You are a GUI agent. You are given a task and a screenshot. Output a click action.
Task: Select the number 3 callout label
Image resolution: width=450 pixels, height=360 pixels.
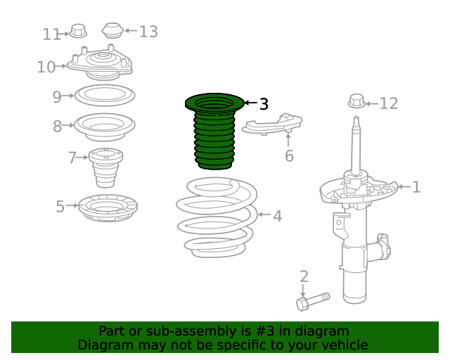[264, 104]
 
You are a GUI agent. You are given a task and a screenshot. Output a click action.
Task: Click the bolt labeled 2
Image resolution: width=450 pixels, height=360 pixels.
[313, 302]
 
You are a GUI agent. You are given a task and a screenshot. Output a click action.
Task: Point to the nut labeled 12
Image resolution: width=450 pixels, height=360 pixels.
[356, 101]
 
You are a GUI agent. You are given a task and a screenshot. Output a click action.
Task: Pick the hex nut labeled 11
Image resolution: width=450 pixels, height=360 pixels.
[78, 31]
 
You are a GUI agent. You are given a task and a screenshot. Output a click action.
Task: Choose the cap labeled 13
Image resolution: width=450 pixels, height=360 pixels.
[112, 30]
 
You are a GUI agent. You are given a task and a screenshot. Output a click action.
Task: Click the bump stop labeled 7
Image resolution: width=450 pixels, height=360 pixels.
[105, 167]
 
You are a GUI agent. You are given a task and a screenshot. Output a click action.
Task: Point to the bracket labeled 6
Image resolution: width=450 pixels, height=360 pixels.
[272, 124]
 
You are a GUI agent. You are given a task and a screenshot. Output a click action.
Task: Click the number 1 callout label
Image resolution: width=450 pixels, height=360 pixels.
[416, 187]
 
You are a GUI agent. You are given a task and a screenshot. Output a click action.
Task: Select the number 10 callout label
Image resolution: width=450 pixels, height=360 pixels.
[46, 67]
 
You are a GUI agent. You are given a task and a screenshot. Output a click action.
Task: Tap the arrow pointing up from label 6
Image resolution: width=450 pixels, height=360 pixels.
[288, 140]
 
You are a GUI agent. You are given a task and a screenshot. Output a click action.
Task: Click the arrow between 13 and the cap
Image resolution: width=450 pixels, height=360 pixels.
[131, 30]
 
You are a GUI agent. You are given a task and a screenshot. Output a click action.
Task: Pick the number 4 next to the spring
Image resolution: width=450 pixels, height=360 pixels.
[277, 216]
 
